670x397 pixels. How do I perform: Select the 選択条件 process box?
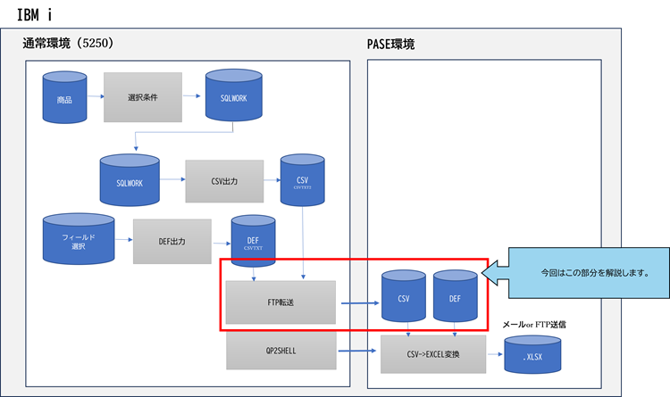(143, 95)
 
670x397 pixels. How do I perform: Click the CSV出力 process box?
(224, 182)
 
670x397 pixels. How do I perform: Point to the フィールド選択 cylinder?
(80, 239)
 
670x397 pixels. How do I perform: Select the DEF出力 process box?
(172, 241)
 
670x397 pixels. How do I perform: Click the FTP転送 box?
(281, 302)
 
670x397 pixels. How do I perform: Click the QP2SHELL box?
(281, 351)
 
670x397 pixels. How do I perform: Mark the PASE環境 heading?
(390, 44)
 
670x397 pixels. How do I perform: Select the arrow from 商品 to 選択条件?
(94, 95)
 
